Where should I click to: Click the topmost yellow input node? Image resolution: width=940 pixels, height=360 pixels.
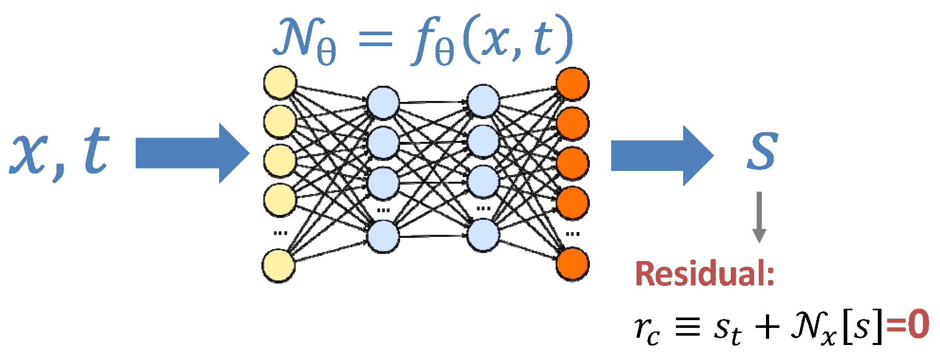coord(280,82)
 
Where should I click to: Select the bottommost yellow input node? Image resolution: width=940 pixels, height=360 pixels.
coord(279,266)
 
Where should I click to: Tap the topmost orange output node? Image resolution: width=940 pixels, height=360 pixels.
coord(572,84)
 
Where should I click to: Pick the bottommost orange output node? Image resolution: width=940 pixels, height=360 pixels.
coord(572,264)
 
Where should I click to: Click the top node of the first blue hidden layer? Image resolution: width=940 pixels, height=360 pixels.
coord(383,102)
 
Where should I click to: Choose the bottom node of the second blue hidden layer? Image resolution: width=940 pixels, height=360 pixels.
coord(483,235)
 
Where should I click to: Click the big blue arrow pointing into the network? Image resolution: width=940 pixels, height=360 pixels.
coord(192,153)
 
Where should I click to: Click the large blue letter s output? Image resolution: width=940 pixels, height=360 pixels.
coord(762,151)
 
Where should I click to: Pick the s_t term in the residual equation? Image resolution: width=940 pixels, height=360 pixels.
coord(727,328)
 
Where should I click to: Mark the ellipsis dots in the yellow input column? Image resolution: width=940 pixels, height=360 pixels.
coord(280,233)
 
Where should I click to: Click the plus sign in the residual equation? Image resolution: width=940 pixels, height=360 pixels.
coord(767,327)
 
